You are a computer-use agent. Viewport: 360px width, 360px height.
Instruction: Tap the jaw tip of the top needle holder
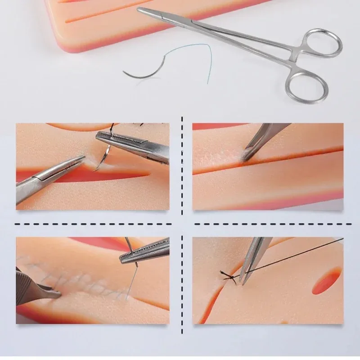[140, 9]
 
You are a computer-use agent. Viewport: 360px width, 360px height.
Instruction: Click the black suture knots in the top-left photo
[135, 126]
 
